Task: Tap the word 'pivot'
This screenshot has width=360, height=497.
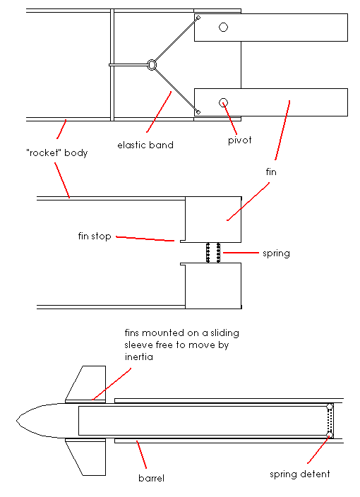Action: click(x=240, y=140)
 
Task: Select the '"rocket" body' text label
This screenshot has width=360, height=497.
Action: click(x=56, y=152)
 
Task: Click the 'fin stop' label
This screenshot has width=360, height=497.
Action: click(x=95, y=236)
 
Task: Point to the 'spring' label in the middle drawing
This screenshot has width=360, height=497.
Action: click(x=275, y=253)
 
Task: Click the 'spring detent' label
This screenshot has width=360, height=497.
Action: click(x=301, y=474)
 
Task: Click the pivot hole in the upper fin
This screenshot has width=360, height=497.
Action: click(x=223, y=28)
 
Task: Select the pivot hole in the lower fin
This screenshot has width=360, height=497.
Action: click(x=223, y=102)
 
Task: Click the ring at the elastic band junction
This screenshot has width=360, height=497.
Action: click(x=152, y=65)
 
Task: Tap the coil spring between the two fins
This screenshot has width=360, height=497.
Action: click(x=213, y=253)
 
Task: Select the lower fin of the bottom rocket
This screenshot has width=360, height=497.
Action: click(x=86, y=457)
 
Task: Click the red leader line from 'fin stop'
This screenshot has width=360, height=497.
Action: click(x=145, y=239)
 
